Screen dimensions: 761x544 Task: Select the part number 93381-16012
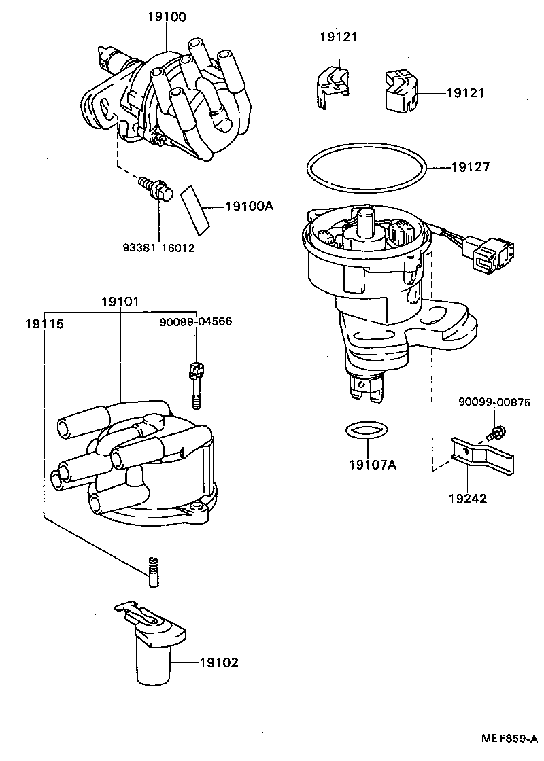(158, 248)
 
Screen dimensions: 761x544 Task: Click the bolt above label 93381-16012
(156, 187)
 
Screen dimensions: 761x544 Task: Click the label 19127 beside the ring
(470, 166)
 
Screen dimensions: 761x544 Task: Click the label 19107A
(372, 465)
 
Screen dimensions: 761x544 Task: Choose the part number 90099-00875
(494, 402)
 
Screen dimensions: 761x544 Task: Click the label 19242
(467, 498)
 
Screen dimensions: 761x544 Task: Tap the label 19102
(219, 662)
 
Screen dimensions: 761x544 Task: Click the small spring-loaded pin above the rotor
(153, 569)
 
